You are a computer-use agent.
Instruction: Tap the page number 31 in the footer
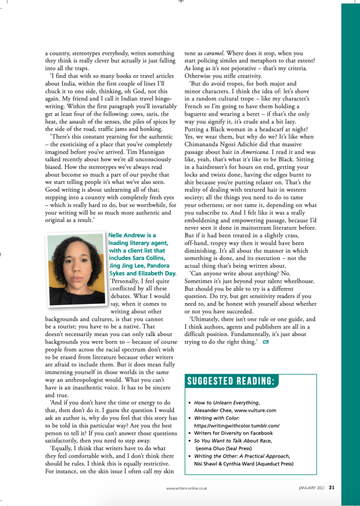[332, 487]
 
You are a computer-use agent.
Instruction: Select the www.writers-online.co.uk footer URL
[186, 488]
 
